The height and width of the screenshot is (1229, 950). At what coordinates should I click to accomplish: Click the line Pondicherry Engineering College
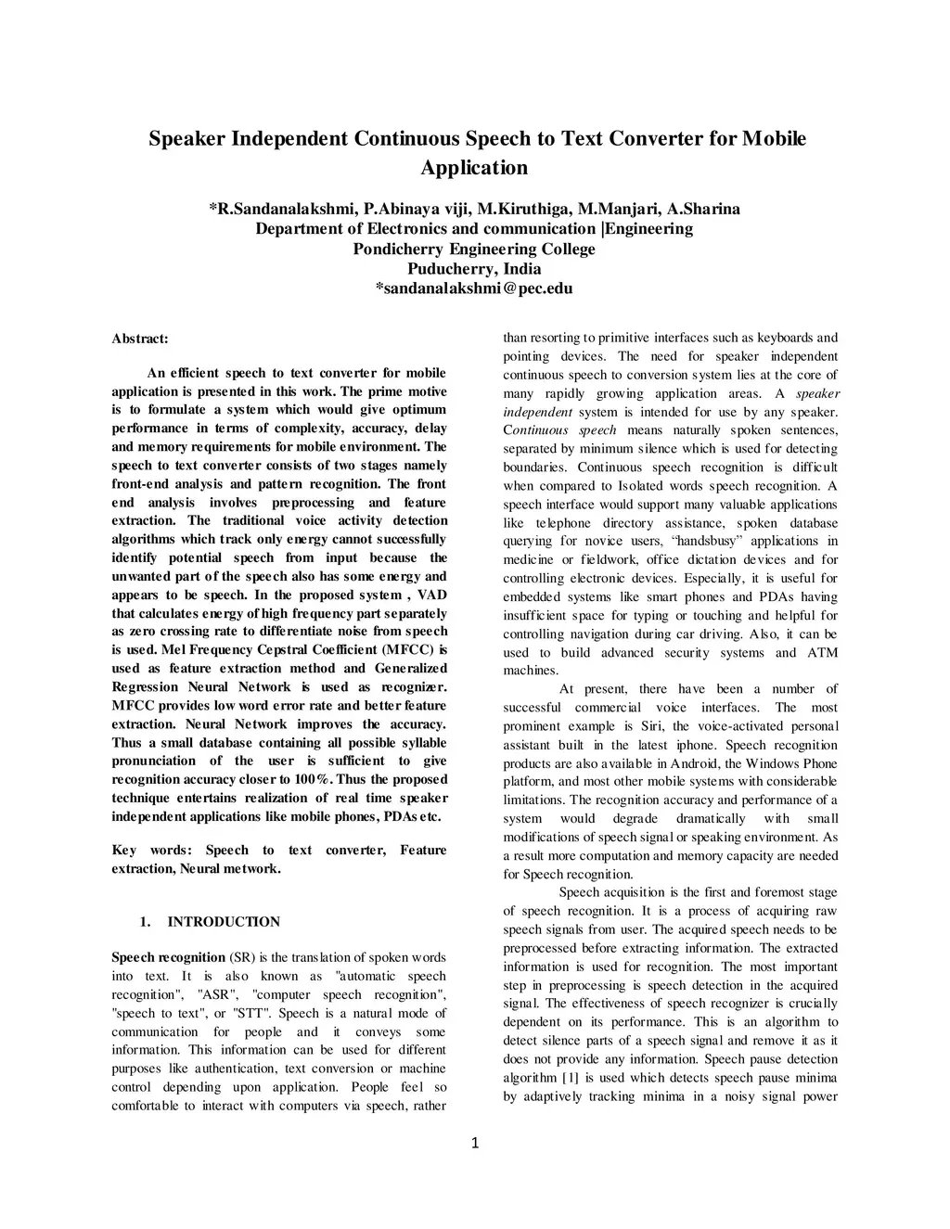coord(474,249)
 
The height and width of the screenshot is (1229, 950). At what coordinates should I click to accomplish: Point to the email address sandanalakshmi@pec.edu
coord(476,288)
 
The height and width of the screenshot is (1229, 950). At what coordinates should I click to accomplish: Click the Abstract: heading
coord(139,339)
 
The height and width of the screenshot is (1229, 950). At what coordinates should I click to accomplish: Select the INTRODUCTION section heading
coord(223,922)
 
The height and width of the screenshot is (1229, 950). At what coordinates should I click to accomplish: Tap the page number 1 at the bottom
coord(475,1144)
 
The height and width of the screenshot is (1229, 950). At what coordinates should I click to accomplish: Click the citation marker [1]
coord(571,1078)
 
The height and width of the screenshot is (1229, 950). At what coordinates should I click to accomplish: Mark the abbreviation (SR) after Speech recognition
coord(241,957)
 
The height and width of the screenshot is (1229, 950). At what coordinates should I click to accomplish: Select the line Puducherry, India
coord(474,269)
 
